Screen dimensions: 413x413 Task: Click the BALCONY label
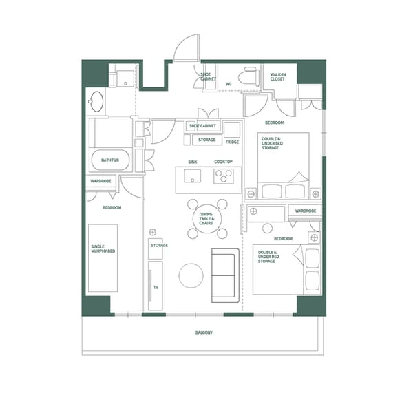click(204, 332)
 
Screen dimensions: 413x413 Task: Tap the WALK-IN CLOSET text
click(277, 76)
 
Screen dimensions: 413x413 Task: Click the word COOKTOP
click(223, 162)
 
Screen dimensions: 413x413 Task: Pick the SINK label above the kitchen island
click(193, 162)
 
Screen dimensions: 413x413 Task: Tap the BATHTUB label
click(110, 160)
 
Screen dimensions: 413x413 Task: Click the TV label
click(156, 286)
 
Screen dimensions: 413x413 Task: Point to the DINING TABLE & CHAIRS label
click(206, 219)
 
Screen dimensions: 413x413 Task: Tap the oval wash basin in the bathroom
click(96, 103)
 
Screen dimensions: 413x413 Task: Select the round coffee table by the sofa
click(191, 276)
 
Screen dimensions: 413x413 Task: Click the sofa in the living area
click(224, 275)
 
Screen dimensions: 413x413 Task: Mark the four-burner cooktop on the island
click(223, 177)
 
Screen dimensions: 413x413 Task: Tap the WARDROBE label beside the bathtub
click(101, 181)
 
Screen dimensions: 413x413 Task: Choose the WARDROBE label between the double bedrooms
click(305, 211)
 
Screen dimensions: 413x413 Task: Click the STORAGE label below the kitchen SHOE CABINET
click(206, 140)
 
